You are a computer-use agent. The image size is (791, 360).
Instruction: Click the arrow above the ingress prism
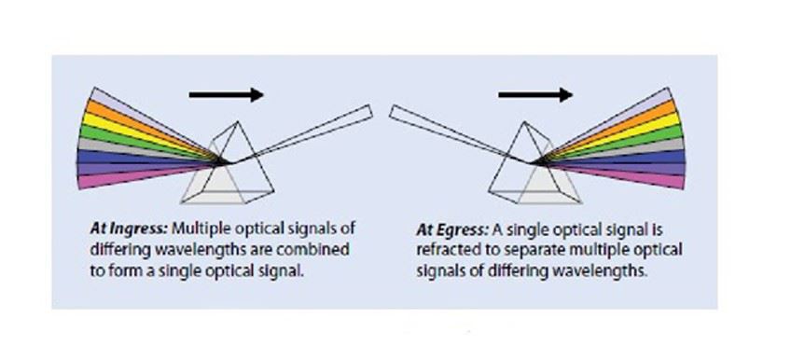226,94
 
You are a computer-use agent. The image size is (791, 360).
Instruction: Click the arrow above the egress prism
534,94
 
